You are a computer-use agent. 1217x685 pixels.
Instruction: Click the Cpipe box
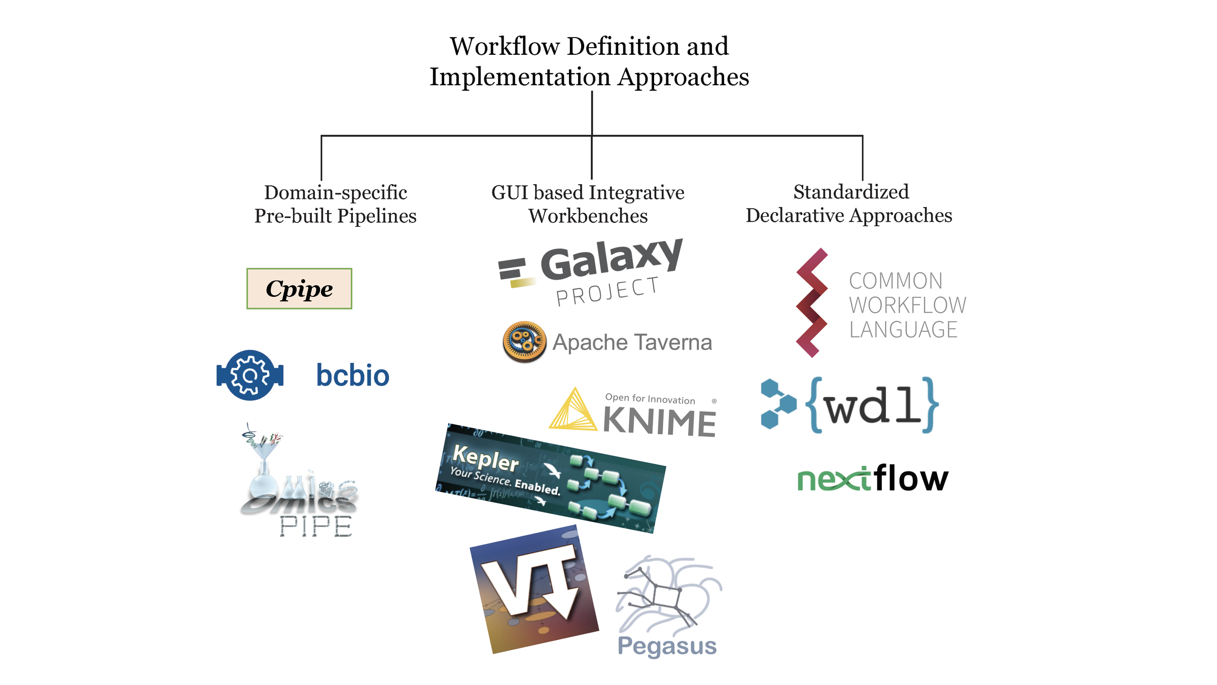299,289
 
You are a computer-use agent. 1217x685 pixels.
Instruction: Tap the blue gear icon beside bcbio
249,375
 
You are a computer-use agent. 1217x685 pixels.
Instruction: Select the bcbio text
352,375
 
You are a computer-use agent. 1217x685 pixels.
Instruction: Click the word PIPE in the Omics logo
316,526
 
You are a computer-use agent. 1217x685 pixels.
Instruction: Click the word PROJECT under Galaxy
607,292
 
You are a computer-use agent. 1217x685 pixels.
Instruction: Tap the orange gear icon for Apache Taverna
524,341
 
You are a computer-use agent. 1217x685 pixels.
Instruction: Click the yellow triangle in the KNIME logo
574,411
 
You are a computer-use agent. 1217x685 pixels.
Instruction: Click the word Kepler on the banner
485,458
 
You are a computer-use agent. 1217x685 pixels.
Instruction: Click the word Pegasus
667,646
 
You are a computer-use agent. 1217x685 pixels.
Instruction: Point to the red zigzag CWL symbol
811,303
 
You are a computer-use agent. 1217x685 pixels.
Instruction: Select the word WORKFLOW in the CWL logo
907,305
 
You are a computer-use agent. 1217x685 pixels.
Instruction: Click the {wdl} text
872,405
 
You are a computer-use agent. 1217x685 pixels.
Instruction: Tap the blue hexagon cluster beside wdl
777,404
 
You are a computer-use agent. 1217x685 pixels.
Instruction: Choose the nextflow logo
872,478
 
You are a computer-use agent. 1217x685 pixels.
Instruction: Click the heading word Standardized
851,192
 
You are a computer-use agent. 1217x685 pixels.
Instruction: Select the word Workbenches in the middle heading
588,216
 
